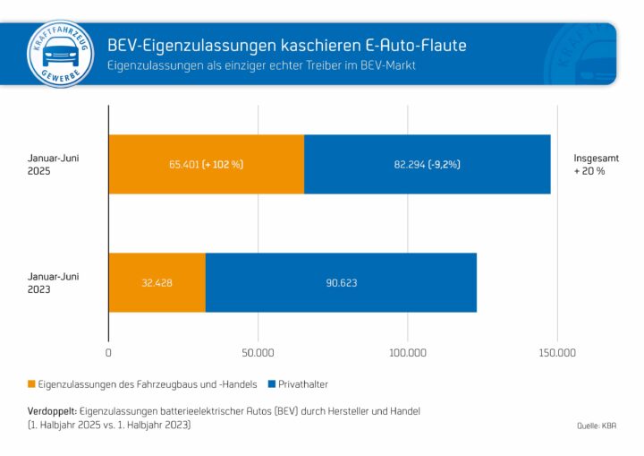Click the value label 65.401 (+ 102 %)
207,165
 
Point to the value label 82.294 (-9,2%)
427,165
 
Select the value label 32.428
157,282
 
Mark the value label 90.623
341,282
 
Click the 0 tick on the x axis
108,352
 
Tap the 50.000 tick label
258,352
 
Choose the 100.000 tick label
407,352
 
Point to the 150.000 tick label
556,352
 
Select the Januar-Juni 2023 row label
53,283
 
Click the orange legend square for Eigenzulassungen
33,384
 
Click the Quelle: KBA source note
596,426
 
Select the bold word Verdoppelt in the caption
52,410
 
